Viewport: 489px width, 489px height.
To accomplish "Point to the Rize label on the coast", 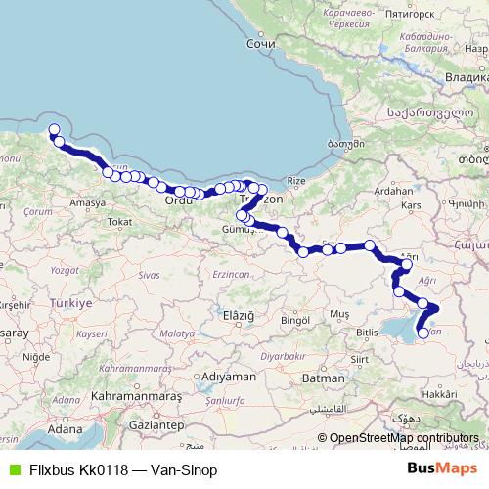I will pos(296,181).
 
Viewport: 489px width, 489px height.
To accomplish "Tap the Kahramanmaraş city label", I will pos(128,395).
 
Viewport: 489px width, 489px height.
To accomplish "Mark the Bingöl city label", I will pos(294,320).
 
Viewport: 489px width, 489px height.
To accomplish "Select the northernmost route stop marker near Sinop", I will pos(54,129).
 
